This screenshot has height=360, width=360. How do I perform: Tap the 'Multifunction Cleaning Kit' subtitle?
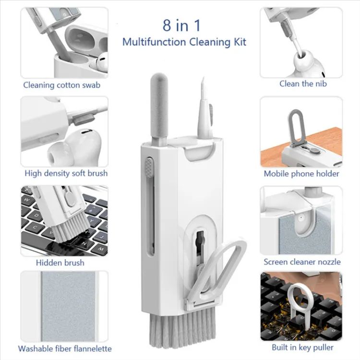(184, 42)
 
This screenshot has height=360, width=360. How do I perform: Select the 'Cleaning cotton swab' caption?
(62, 85)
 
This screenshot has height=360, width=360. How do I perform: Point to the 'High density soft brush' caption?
(66, 173)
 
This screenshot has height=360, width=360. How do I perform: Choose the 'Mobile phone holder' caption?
(301, 174)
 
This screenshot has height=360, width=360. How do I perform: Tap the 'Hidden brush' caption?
(60, 263)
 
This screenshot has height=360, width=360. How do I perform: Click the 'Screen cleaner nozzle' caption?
(302, 262)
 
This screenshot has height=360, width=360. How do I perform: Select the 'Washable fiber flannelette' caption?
(65, 348)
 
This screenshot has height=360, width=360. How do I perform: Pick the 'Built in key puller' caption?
(302, 347)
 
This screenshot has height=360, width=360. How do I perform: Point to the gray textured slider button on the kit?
(149, 168)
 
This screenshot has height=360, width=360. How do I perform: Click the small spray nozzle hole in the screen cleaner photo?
(300, 217)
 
